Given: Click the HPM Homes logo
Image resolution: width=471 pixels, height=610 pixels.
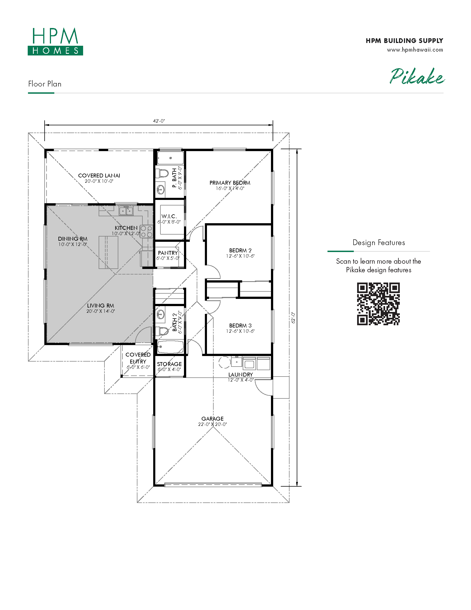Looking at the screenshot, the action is (55, 41).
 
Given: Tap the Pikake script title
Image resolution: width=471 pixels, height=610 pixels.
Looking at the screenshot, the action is (417, 76).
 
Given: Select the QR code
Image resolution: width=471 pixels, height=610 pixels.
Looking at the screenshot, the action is (378, 304).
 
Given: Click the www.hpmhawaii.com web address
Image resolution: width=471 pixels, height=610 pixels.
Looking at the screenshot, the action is (415, 50).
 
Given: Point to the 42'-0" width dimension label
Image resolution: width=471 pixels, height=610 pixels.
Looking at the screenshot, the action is (159, 121).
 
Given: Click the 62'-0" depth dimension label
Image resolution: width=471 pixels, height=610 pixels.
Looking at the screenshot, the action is (293, 318).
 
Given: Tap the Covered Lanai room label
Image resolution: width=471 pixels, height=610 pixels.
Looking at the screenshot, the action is (99, 176).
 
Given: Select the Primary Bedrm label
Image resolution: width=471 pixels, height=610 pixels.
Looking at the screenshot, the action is (230, 183).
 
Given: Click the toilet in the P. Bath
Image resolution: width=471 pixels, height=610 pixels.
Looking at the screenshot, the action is (162, 173).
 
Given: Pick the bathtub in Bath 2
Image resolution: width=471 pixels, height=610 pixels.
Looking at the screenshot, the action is (170, 347).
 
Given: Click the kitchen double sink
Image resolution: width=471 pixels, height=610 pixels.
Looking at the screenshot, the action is (126, 211).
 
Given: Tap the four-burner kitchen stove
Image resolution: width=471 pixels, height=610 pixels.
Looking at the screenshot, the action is (146, 231).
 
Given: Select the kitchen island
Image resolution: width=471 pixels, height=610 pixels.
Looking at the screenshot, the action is (108, 253).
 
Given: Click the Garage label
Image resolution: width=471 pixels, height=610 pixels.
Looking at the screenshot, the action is (212, 419).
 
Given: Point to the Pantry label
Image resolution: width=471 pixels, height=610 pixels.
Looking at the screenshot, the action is (168, 253).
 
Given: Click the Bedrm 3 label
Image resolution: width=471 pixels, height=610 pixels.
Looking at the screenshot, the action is (240, 326).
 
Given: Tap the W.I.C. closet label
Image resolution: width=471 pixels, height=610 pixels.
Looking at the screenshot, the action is (169, 216).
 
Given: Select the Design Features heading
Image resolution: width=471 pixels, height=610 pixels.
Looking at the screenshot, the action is (379, 242).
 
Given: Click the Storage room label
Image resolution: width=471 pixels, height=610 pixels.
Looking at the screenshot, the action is (169, 364).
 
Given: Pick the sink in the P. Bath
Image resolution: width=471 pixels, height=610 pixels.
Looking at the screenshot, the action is (160, 190).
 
